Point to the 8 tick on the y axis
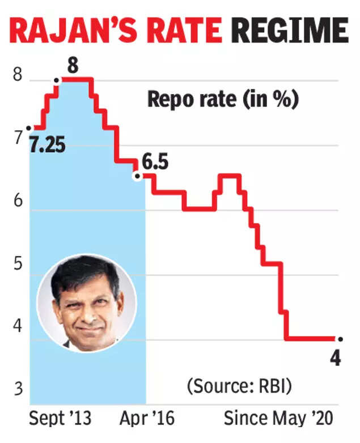tap(18, 76)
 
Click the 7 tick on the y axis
tap(18, 138)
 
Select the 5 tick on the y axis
tap(18, 266)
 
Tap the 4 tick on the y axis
tap(18, 327)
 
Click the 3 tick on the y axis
tap(18, 390)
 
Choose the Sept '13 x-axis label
tap(60, 419)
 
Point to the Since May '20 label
tap(278, 419)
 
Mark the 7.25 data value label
tap(48, 146)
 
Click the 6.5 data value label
tap(155, 164)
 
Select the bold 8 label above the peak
tap(73, 67)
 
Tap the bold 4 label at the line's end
tap(336, 359)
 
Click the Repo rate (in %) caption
tap(222, 100)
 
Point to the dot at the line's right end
tap(340, 339)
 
